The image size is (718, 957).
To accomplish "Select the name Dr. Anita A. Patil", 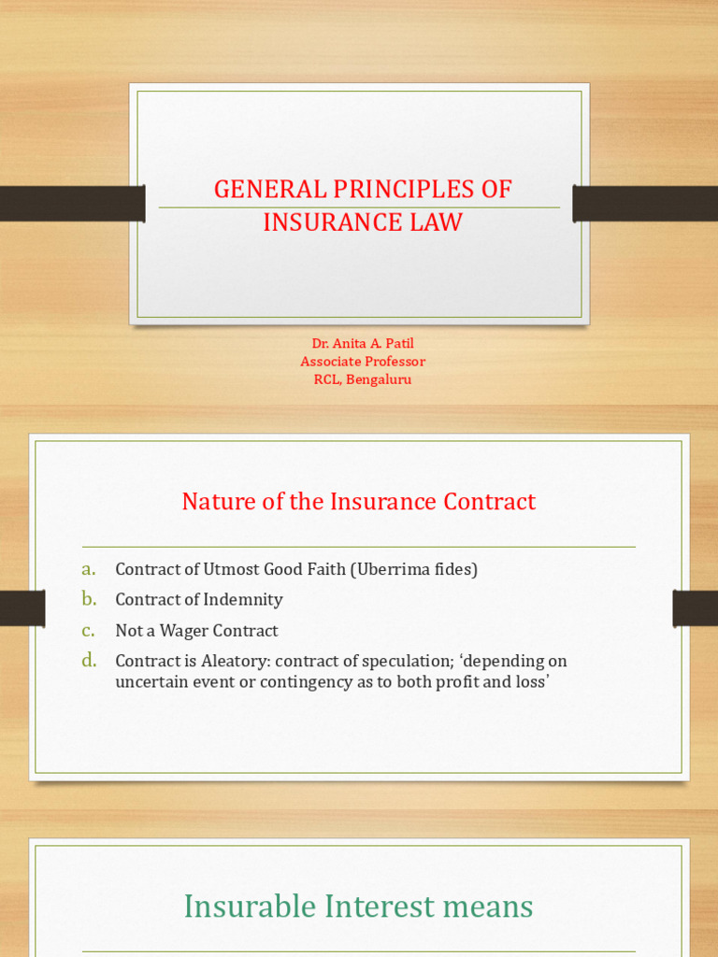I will (x=362, y=343).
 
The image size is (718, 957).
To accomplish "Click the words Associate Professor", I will (x=363, y=361).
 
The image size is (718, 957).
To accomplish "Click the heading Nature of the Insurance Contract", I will (x=358, y=502).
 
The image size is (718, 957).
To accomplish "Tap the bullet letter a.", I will (x=89, y=569).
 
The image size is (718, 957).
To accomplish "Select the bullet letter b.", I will (x=89, y=599).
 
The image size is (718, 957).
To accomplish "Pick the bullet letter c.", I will (x=89, y=630).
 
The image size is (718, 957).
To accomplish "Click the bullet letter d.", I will (x=89, y=661).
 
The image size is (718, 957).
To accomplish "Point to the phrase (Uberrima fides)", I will (x=414, y=569).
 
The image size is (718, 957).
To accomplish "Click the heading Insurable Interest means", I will (x=358, y=907).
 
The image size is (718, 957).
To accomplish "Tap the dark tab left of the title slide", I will (x=72, y=204).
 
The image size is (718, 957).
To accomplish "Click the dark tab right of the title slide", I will (x=645, y=204).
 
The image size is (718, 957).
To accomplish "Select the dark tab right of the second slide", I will (x=695, y=608).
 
